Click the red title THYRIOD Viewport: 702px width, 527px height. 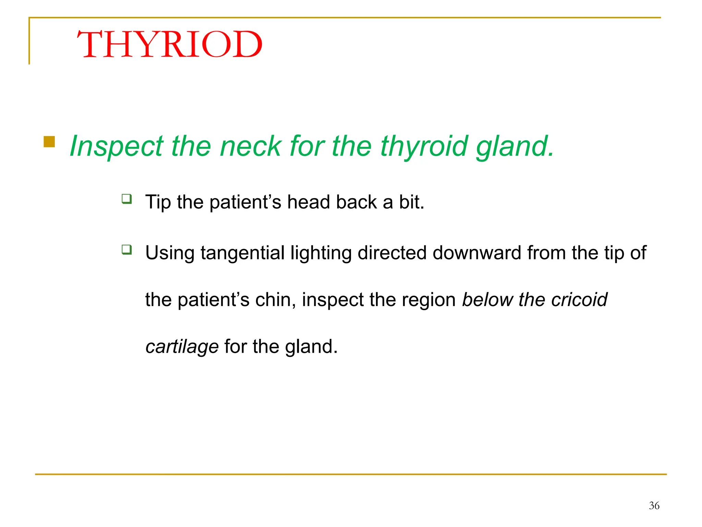170,45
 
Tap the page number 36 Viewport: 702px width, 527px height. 654,505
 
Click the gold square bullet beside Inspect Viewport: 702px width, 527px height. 49,142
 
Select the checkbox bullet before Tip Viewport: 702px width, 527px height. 127,199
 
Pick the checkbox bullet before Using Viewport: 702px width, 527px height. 127,249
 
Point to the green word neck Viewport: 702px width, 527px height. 251,146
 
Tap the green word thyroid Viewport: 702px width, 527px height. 424,146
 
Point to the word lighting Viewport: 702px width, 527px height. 321,253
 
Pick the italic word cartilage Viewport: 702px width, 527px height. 182,347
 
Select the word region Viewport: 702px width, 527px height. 428,300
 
